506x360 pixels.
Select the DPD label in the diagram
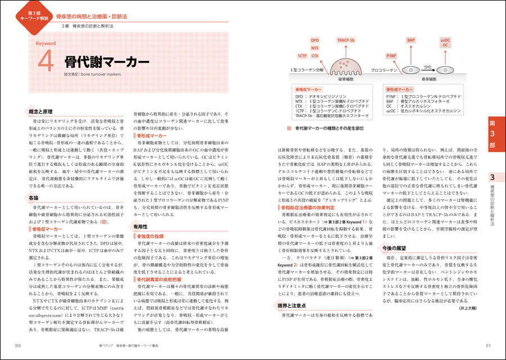(x=314, y=40)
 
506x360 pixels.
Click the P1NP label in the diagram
(x=391, y=57)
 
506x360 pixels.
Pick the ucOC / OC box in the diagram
(x=446, y=43)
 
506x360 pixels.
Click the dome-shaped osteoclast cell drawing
(x=344, y=66)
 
